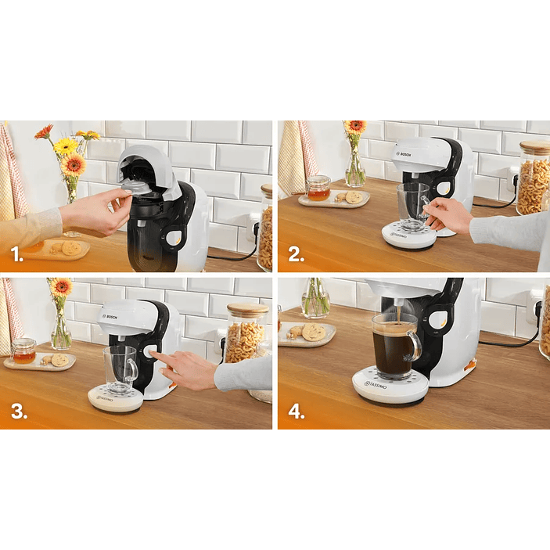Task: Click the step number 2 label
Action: pyautogui.click(x=296, y=254)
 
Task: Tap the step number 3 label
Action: pyautogui.click(x=17, y=412)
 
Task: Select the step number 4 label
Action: pyautogui.click(x=296, y=412)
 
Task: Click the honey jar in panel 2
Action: pyautogui.click(x=318, y=189)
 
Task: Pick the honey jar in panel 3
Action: pyautogui.click(x=23, y=350)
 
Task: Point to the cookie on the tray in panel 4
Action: pyautogui.click(x=314, y=332)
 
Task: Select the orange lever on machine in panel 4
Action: pyautogui.click(x=469, y=365)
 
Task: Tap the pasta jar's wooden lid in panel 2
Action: pyautogui.click(x=534, y=147)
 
